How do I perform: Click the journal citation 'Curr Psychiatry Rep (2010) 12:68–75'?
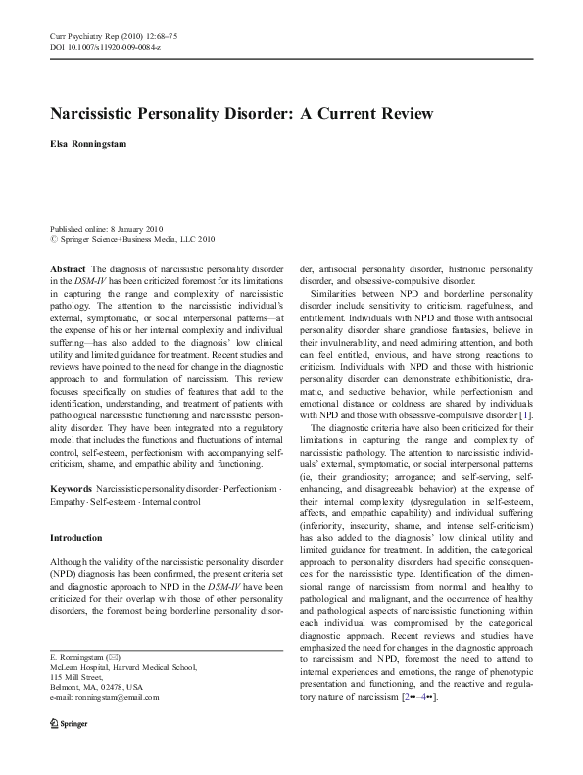point(107,36)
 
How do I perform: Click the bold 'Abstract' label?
point(68,267)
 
